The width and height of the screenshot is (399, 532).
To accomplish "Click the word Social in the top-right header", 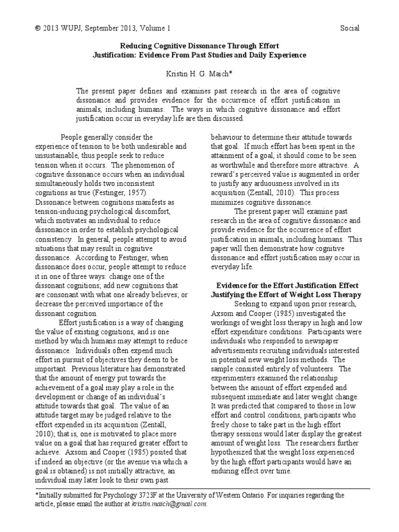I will click(x=349, y=28).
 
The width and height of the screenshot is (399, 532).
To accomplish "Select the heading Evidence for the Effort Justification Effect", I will click(x=287, y=286).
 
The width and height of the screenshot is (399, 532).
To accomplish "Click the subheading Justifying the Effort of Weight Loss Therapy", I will click(x=287, y=295).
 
